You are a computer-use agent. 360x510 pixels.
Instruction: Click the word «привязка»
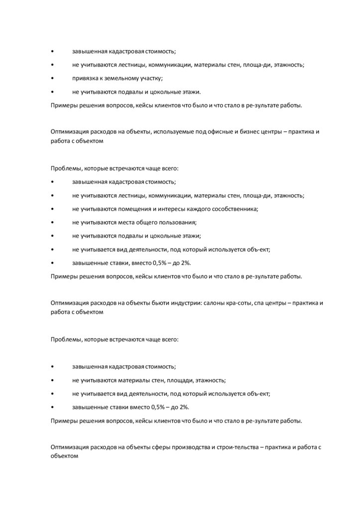85,79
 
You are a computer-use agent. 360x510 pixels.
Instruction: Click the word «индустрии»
183,303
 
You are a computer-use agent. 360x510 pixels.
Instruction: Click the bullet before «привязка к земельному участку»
53,79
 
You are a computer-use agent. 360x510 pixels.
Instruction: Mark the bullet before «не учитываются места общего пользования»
53,222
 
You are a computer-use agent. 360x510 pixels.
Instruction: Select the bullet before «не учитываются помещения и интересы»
53,209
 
